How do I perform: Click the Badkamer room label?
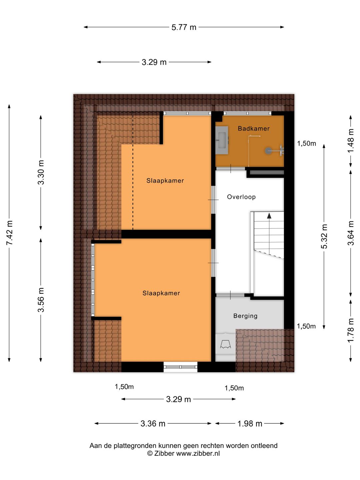254,128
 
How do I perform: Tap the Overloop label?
241,197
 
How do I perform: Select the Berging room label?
245,316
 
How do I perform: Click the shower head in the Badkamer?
268,150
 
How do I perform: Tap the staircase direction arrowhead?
269,216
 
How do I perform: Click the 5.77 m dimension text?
184,27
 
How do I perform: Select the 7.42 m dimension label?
10,233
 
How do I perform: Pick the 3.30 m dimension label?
41,172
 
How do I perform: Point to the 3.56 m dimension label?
41,300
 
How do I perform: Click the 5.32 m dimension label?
324,236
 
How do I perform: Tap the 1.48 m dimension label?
351,141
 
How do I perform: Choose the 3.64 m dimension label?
351,233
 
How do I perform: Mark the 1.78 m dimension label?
351,330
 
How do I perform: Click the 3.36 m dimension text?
153,424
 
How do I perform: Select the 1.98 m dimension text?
250,424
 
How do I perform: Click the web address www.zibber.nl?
198,453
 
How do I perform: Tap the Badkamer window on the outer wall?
247,113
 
